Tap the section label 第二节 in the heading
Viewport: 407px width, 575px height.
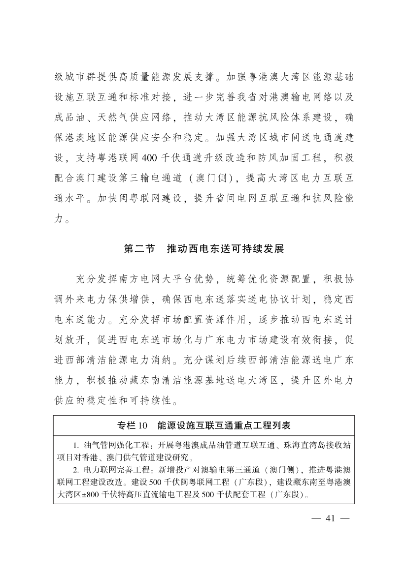(x=138, y=248)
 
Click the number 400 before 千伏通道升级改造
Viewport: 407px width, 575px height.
(x=149, y=158)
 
